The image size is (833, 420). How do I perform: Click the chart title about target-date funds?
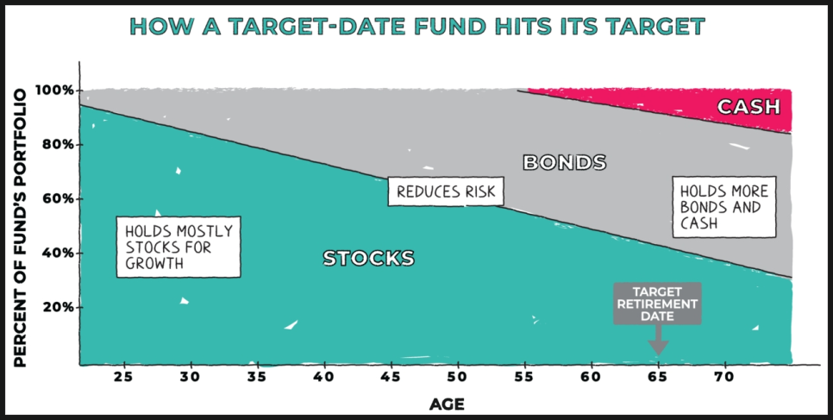pyautogui.click(x=417, y=26)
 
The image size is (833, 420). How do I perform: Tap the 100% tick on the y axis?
pyautogui.click(x=54, y=91)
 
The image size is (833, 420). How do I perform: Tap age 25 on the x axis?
pyautogui.click(x=124, y=377)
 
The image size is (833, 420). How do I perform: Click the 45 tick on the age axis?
pyautogui.click(x=391, y=377)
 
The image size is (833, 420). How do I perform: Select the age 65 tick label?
pyautogui.click(x=658, y=377)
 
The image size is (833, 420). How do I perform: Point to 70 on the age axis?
pyautogui.click(x=724, y=377)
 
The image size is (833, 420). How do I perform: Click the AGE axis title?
pyautogui.click(x=447, y=405)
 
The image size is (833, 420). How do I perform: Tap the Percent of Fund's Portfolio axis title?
pyautogui.click(x=20, y=228)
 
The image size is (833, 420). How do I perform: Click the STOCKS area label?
pyautogui.click(x=369, y=259)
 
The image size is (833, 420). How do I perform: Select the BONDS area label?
pyautogui.click(x=564, y=162)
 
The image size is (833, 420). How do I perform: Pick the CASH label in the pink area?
pyautogui.click(x=748, y=107)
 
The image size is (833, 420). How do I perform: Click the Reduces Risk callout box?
pyautogui.click(x=446, y=191)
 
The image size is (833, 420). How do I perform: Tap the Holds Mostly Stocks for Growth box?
pyautogui.click(x=178, y=248)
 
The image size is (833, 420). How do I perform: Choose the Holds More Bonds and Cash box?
pyautogui.click(x=724, y=207)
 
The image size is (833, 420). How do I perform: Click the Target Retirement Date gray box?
pyautogui.click(x=658, y=304)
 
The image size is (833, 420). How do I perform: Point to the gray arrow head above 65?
pyautogui.click(x=658, y=348)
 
